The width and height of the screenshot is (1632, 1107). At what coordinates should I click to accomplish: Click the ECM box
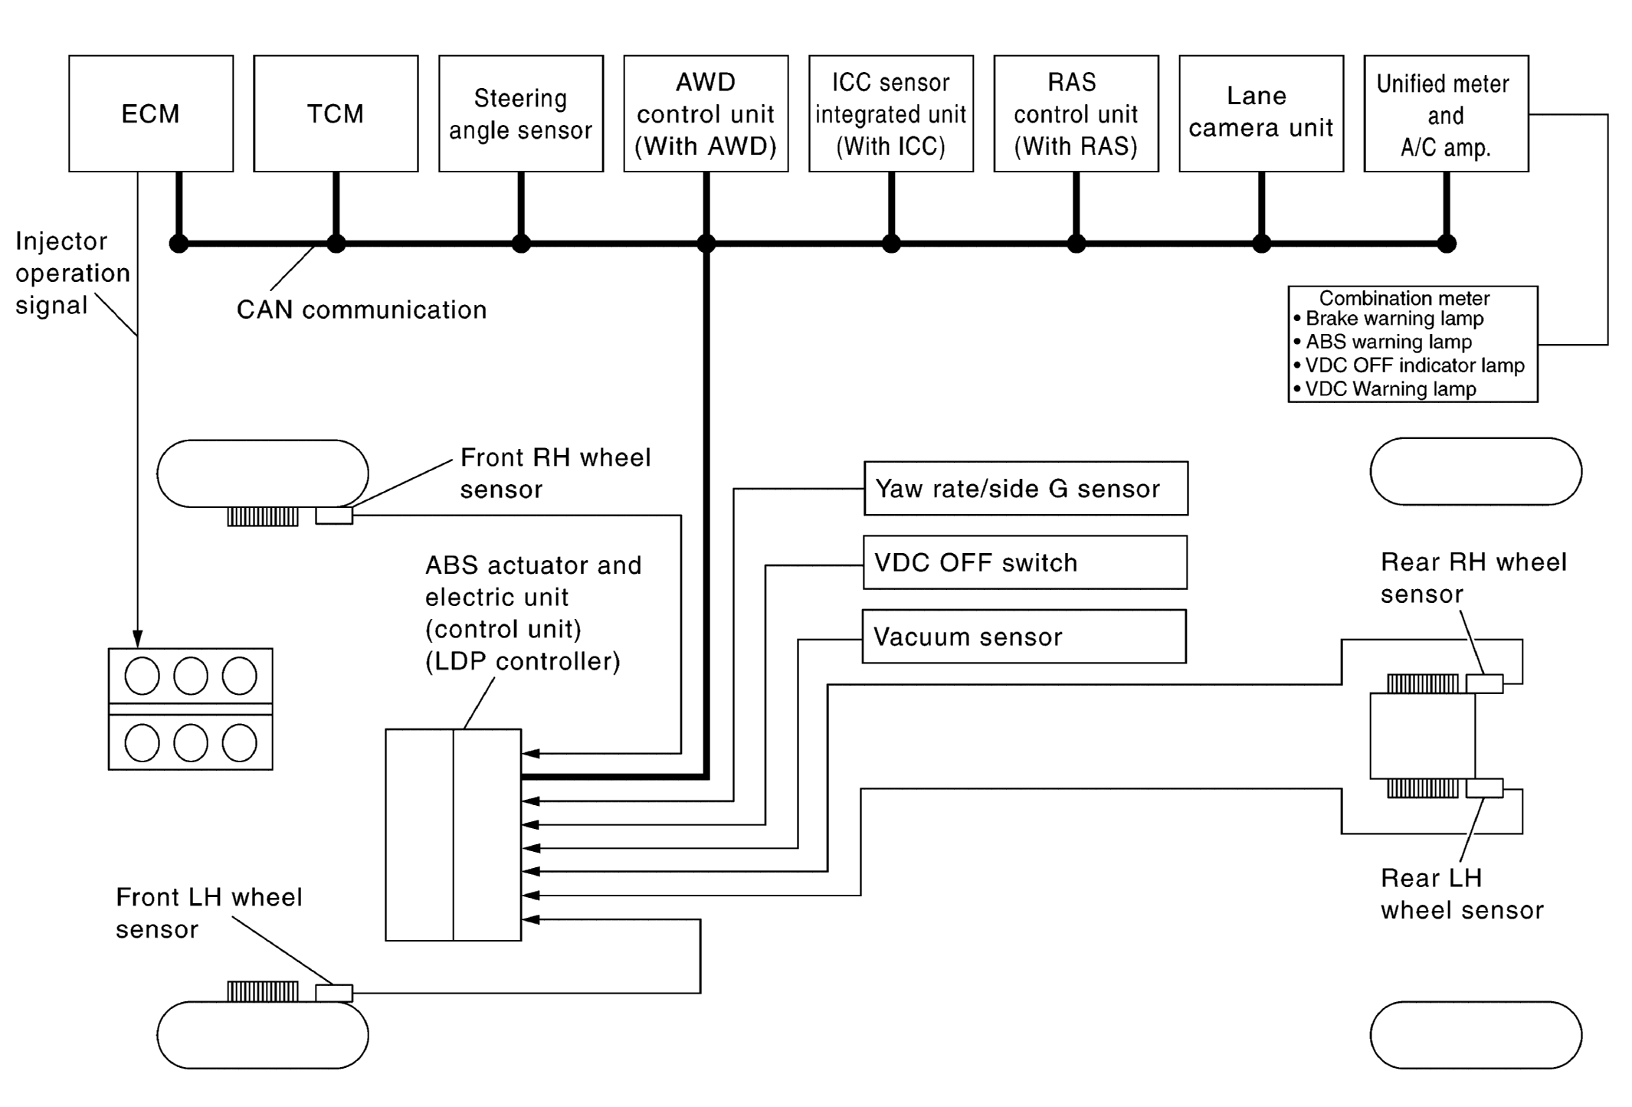coord(151,113)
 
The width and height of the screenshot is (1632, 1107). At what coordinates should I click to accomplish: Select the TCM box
coord(336,113)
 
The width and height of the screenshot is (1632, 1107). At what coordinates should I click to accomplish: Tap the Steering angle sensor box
coord(521,113)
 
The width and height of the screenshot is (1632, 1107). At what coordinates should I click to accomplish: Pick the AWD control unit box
coord(706,113)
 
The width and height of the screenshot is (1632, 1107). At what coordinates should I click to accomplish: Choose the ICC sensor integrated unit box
coord(891,113)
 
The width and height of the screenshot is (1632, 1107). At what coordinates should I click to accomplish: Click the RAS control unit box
coord(1076,113)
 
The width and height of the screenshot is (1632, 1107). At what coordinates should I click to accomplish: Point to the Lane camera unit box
coord(1261,113)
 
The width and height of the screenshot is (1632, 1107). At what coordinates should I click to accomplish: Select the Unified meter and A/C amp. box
coord(1446,113)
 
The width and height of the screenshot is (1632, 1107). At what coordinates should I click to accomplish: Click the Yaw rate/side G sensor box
coord(1025,489)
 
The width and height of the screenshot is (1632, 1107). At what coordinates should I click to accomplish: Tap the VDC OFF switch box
coord(1025,562)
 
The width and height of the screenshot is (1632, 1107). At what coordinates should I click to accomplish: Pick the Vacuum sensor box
coord(1024,637)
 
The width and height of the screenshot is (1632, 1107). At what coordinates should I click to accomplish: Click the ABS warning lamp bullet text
coord(1388,342)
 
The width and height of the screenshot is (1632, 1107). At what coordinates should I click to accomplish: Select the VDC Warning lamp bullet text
coord(1390,389)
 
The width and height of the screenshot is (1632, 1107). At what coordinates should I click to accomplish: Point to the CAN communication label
coord(362,310)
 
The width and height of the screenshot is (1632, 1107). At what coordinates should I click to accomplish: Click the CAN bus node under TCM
coord(336,244)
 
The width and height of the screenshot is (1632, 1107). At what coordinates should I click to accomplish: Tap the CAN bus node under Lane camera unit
coord(1261,244)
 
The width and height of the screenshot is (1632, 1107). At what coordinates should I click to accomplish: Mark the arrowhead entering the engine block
coord(138,640)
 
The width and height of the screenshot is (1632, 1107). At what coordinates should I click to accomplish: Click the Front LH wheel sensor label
coord(208,913)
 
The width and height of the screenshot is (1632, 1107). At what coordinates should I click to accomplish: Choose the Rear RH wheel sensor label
coord(1473,578)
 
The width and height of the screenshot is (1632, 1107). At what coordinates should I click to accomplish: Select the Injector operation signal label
coord(72,273)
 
